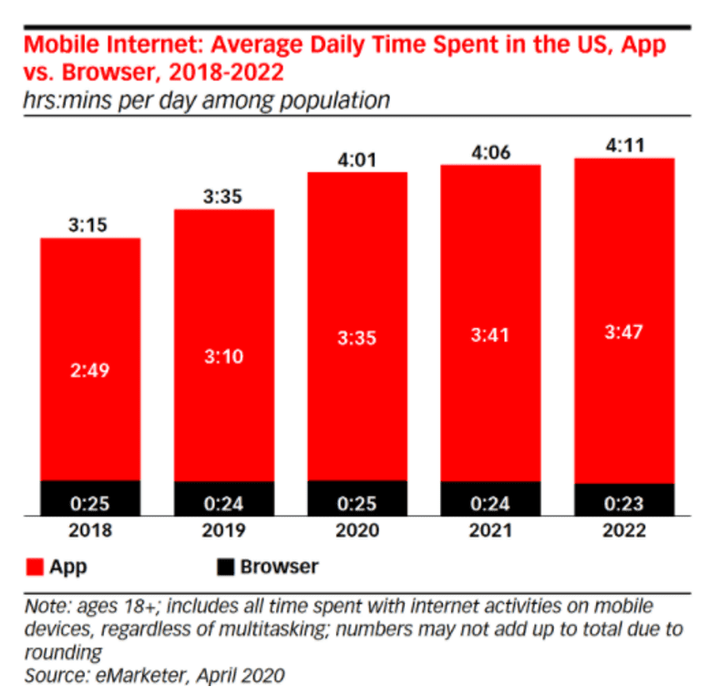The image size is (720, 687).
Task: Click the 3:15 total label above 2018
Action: point(89,224)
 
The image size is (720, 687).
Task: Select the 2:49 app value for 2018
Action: point(89,371)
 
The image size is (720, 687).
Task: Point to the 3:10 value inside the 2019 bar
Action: point(223,355)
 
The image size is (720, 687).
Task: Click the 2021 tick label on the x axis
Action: point(490,531)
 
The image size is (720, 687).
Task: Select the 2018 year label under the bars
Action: point(89,531)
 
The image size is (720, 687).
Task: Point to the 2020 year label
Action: point(357,531)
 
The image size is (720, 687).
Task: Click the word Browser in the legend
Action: point(279,567)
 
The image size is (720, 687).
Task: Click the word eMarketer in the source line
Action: point(124,675)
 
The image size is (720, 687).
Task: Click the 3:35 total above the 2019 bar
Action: point(223,195)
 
